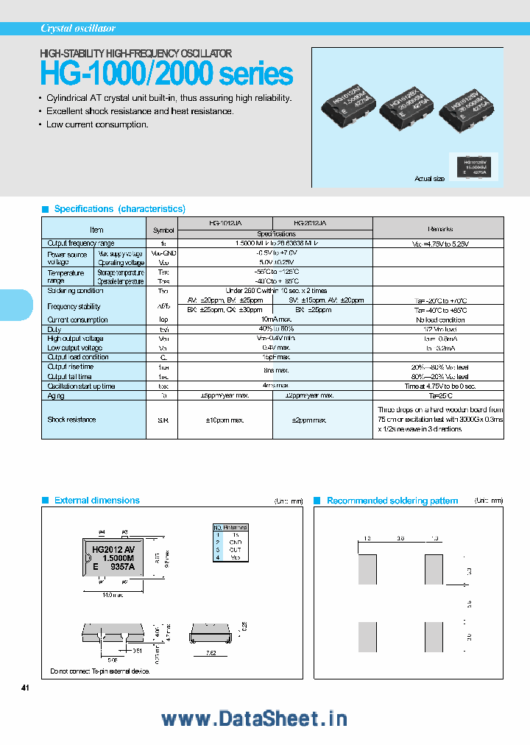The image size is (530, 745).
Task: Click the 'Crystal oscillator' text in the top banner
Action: click(x=78, y=29)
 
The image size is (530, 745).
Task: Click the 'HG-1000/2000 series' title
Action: click(x=166, y=74)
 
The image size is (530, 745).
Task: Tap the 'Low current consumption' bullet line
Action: click(x=97, y=124)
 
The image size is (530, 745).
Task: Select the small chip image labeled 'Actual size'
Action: click(x=473, y=166)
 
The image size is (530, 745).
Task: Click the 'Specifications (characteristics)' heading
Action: click(x=120, y=209)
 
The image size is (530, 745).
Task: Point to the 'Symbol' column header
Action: click(x=163, y=230)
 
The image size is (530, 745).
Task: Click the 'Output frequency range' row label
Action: click(x=81, y=243)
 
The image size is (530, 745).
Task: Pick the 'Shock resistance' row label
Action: click(x=71, y=420)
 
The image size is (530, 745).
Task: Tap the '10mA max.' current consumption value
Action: click(x=275, y=319)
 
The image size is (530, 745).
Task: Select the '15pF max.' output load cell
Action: click(x=275, y=357)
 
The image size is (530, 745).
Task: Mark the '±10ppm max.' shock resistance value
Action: click(x=225, y=420)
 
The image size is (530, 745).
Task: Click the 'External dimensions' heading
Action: click(x=96, y=501)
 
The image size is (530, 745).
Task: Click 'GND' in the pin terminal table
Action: click(x=235, y=542)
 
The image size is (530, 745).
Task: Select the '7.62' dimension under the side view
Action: click(x=210, y=652)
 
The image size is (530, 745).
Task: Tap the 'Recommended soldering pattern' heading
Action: click(x=392, y=501)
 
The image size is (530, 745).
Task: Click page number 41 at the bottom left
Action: click(x=25, y=688)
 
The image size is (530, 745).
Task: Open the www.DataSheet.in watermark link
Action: click(x=254, y=719)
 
